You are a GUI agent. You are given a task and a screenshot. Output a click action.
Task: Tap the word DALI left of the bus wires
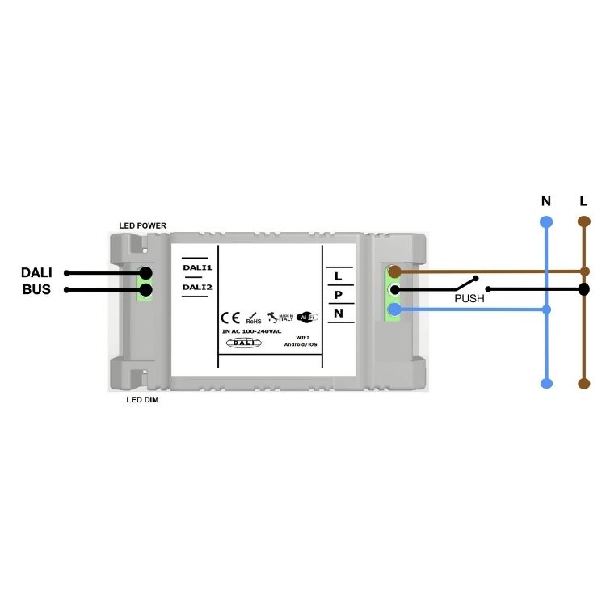[x=36, y=273]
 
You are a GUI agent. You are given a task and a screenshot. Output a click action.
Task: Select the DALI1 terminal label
[x=197, y=267]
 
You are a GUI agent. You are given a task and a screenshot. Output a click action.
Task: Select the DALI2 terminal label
[x=197, y=287]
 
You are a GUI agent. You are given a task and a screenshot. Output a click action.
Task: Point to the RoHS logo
[x=253, y=318]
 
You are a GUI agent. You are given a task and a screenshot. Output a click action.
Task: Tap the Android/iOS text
[x=300, y=344]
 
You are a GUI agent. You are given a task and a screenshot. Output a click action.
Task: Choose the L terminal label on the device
[x=338, y=276]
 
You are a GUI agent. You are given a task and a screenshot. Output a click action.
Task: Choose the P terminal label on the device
[x=338, y=295]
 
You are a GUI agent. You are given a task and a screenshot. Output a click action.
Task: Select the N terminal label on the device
[x=338, y=313]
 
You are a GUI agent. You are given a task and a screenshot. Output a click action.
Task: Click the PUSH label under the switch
[x=469, y=298]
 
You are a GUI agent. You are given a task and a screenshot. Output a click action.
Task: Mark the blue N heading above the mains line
[x=546, y=200]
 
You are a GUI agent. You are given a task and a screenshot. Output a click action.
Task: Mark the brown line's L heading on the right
[x=583, y=200]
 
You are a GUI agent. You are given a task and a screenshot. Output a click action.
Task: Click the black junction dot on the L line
[x=583, y=288]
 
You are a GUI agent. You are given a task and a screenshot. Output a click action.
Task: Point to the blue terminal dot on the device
[x=394, y=309]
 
